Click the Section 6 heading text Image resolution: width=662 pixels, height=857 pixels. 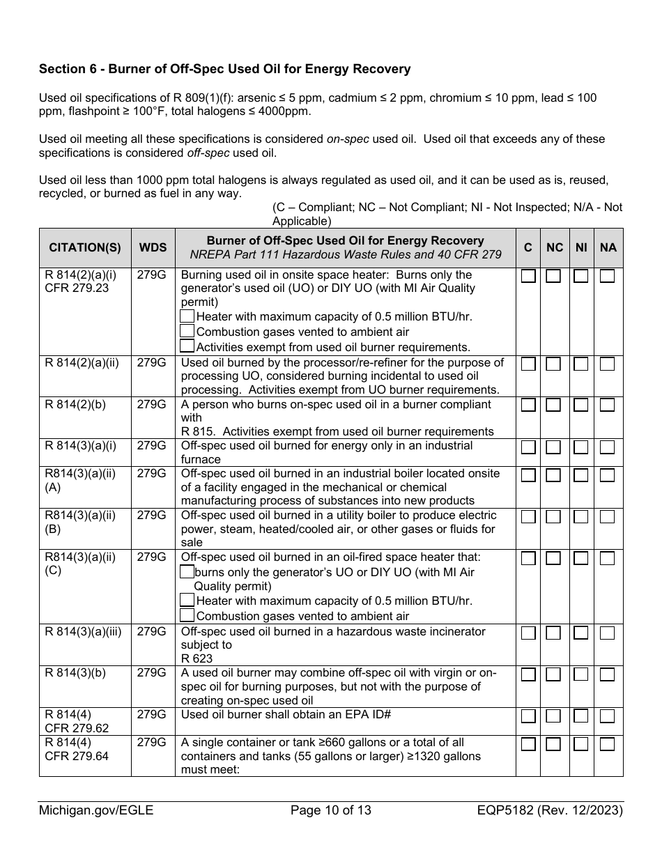[x=224, y=69]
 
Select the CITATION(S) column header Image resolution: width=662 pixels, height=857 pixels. [x=85, y=247]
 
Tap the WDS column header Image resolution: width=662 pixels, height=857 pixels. [x=153, y=247]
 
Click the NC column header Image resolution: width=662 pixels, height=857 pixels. [x=555, y=247]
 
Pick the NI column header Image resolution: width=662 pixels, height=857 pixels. [x=581, y=247]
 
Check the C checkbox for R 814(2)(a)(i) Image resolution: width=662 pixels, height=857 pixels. [x=528, y=277]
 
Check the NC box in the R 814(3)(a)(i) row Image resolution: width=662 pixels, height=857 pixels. [x=553, y=447]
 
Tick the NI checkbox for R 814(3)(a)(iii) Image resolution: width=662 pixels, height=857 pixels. [x=581, y=633]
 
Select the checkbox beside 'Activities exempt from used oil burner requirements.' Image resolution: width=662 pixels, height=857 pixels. [x=187, y=346]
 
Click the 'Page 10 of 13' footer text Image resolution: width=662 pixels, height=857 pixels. [x=330, y=810]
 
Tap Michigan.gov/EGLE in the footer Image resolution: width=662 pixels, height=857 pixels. [x=96, y=810]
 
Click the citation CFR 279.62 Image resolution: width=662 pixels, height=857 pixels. [x=77, y=728]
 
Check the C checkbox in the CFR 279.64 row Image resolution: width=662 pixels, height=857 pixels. [x=528, y=744]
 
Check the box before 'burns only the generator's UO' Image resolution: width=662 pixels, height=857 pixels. [x=187, y=571]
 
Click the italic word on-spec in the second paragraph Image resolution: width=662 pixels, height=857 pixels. [x=348, y=139]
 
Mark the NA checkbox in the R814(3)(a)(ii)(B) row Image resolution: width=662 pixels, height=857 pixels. [x=608, y=517]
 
